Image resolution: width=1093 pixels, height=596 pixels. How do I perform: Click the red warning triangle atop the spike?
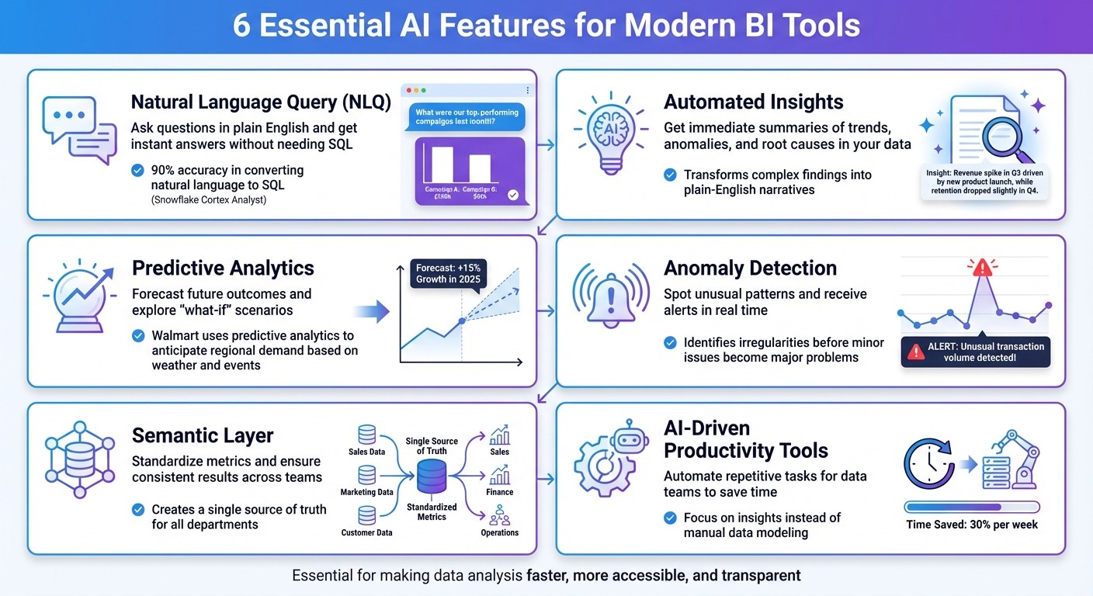pyautogui.click(x=982, y=269)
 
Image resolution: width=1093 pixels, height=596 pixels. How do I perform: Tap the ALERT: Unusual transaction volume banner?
pyautogui.click(x=976, y=352)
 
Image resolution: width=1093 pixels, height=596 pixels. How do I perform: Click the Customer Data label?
pyautogui.click(x=366, y=532)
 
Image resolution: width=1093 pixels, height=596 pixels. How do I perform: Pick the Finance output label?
pyautogui.click(x=499, y=492)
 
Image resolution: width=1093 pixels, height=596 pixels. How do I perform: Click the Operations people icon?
pyautogui.click(x=499, y=515)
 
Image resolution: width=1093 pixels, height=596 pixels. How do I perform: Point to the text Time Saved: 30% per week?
pyautogui.click(x=972, y=525)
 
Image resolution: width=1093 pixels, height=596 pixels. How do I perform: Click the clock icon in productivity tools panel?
pyautogui.click(x=928, y=466)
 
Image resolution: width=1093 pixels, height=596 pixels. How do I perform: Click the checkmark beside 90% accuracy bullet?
pyautogui.click(x=137, y=170)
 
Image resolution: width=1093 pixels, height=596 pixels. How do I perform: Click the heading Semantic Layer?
pyautogui.click(x=203, y=435)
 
